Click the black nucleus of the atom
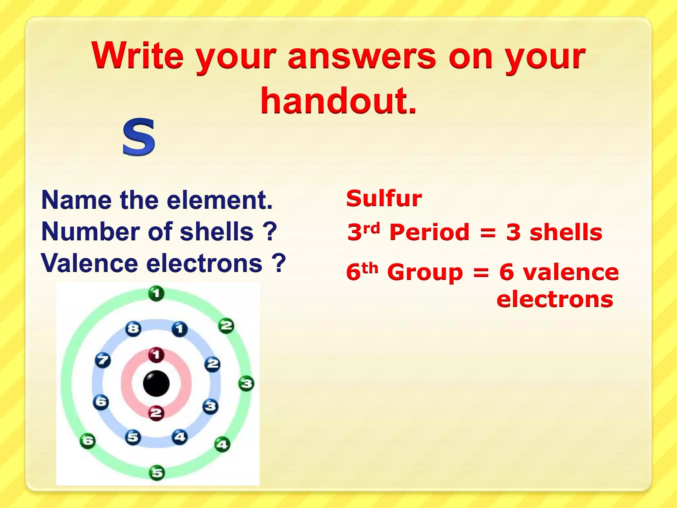pyautogui.click(x=156, y=384)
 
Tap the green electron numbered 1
pyautogui.click(x=156, y=293)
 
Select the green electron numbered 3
pyautogui.click(x=246, y=384)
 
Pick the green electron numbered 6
pyautogui.click(x=88, y=441)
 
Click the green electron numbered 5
pyautogui.click(x=157, y=473)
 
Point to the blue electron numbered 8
pyautogui.click(x=133, y=329)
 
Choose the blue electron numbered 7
pyautogui.click(x=102, y=360)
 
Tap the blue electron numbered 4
pyautogui.click(x=180, y=437)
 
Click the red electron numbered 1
pyautogui.click(x=156, y=355)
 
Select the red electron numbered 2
pyautogui.click(x=156, y=413)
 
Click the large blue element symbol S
pyautogui.click(x=139, y=137)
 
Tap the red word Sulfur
pyautogui.click(x=384, y=198)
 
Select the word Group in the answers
pyautogui.click(x=425, y=272)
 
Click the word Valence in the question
pyautogui.click(x=89, y=263)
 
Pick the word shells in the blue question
pyautogui.click(x=217, y=232)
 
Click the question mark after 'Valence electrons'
pyautogui.click(x=279, y=263)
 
